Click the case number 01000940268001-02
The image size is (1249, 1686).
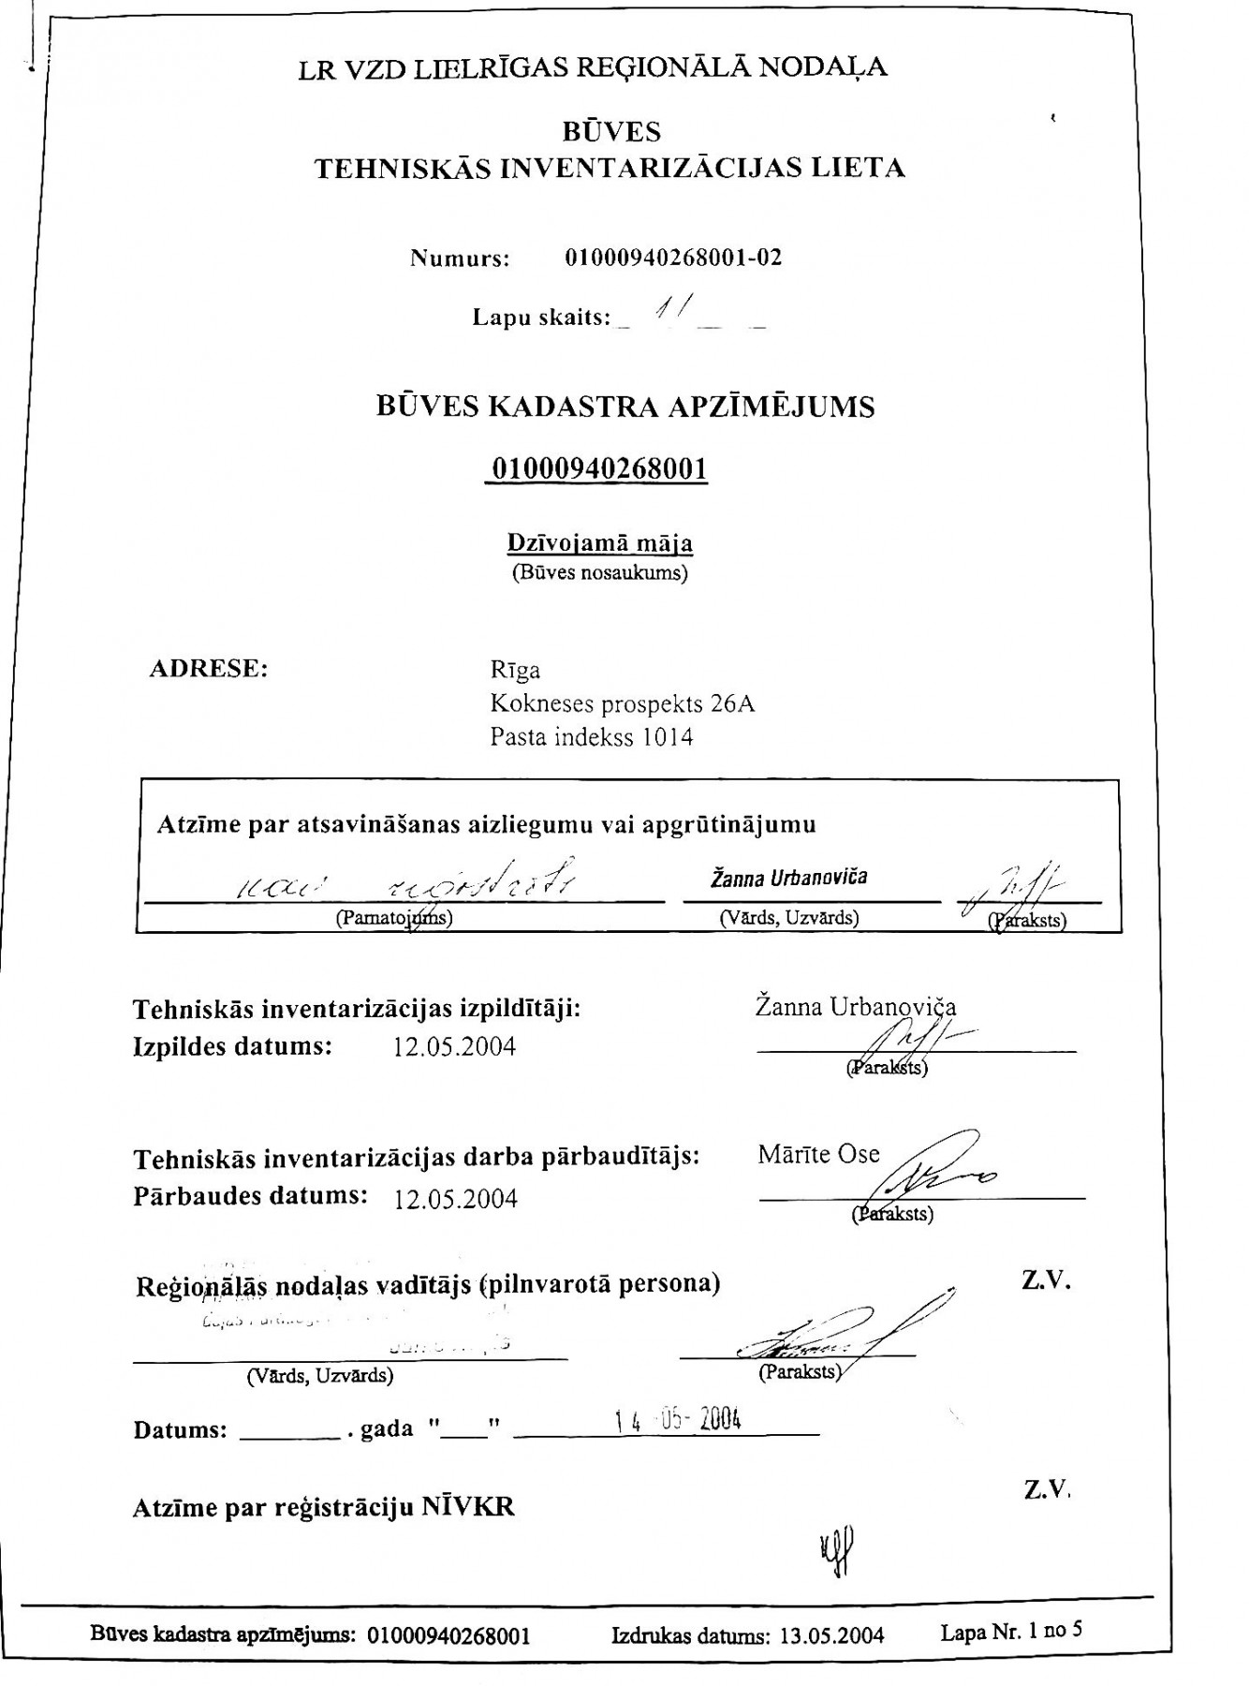pyautogui.click(x=673, y=258)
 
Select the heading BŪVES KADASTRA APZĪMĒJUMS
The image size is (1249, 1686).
pyautogui.click(x=625, y=407)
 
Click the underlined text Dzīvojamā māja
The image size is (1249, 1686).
pyautogui.click(x=600, y=543)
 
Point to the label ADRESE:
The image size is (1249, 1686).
pyautogui.click(x=209, y=670)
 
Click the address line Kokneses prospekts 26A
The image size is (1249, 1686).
pyautogui.click(x=623, y=703)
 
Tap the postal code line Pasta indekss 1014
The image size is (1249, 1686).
pyautogui.click(x=592, y=737)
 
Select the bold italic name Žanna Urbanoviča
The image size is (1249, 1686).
pyautogui.click(x=788, y=878)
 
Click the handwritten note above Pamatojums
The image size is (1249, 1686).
pyautogui.click(x=403, y=880)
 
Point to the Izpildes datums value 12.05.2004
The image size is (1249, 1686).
pyautogui.click(x=455, y=1046)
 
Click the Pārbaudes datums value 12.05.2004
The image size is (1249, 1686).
pyautogui.click(x=456, y=1199)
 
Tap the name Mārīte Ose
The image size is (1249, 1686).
pyautogui.click(x=819, y=1154)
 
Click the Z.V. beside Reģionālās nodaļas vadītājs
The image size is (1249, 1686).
pyautogui.click(x=1046, y=1281)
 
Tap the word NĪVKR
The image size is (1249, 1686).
pyautogui.click(x=467, y=1507)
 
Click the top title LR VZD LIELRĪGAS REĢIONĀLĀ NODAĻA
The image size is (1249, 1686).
pyautogui.click(x=593, y=67)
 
